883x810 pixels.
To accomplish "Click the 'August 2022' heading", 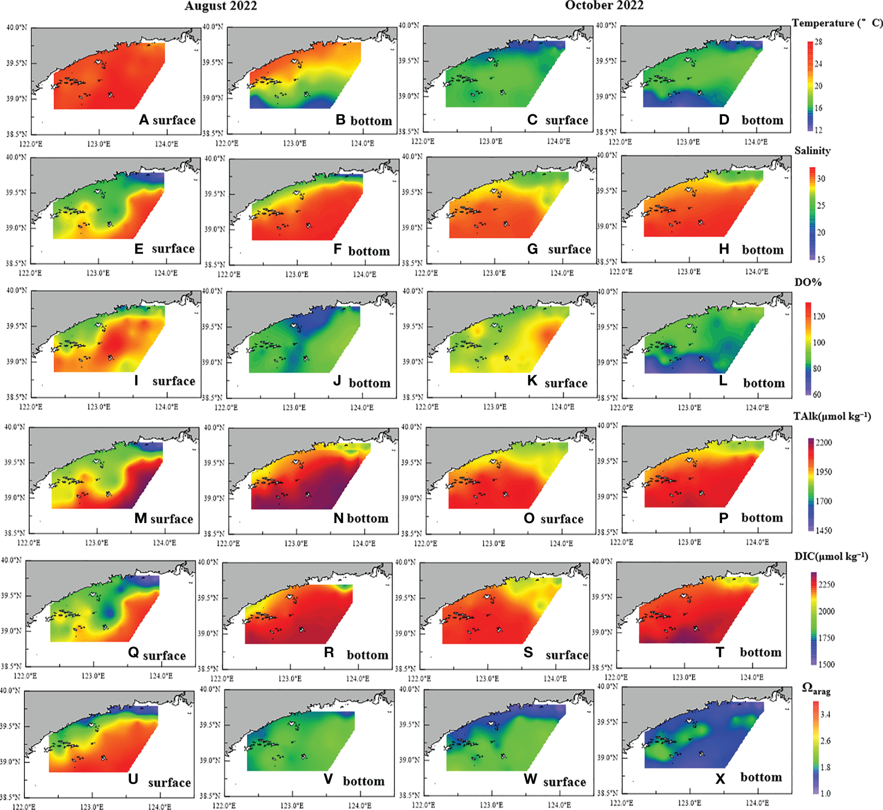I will point(221,6).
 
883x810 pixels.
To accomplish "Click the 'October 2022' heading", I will point(604,5).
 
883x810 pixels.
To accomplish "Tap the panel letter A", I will point(144,120).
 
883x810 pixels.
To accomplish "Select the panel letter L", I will point(723,382).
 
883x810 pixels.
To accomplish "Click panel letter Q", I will point(133,653).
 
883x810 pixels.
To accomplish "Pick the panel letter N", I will point(339,519).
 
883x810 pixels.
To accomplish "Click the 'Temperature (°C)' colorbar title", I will point(837,23).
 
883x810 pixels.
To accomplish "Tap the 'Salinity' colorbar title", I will point(812,151).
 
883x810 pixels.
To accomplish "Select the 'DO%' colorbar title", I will point(808,282).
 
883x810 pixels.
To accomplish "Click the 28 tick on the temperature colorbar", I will point(819,42).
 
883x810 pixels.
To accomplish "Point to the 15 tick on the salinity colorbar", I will point(821,259).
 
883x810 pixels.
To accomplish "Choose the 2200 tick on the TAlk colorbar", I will point(823,442).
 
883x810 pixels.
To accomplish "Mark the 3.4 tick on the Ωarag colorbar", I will point(825,714).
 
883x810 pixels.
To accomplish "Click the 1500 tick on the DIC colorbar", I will point(826,664).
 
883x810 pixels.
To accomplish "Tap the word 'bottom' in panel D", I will point(762,121).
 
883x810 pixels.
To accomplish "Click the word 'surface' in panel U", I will point(169,783).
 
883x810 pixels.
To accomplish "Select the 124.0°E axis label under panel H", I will point(756,271).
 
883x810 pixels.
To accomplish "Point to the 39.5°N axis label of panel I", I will point(16,326).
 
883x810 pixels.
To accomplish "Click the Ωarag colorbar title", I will point(816,689).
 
